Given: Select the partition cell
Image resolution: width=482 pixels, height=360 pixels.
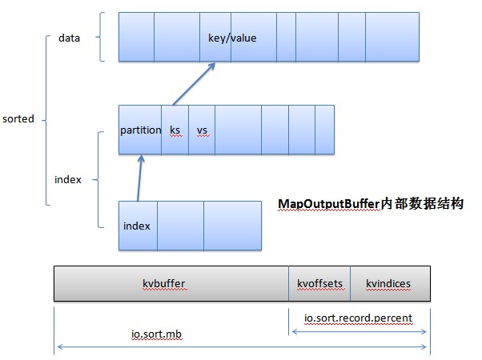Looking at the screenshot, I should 140,130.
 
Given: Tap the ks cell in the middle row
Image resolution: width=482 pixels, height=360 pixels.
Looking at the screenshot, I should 175,130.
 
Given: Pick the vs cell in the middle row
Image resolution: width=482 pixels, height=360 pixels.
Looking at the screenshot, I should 202,130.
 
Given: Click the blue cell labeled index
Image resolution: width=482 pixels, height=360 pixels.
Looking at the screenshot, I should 137,225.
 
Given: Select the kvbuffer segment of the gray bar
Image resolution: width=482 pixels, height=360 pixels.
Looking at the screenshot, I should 171,283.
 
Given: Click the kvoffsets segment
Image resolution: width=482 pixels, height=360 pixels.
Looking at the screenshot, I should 319,283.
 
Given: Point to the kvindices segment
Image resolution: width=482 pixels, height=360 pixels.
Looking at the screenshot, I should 389,283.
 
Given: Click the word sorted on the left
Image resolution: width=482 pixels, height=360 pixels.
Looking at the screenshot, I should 18,119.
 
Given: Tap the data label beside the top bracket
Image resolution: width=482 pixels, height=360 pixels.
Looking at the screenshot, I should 69,38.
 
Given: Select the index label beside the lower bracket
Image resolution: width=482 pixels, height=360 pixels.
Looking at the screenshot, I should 68,179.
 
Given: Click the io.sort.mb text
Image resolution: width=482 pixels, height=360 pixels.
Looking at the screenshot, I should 156,335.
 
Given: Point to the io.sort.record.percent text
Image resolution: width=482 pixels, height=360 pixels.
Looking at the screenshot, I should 358,318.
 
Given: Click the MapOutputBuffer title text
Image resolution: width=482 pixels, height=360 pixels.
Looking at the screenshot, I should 371,204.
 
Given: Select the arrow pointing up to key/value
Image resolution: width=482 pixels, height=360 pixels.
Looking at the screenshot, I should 197,83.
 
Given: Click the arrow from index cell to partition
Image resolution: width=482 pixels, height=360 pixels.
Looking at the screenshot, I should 140,177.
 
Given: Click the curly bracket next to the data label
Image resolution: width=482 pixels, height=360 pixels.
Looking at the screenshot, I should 100,37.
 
